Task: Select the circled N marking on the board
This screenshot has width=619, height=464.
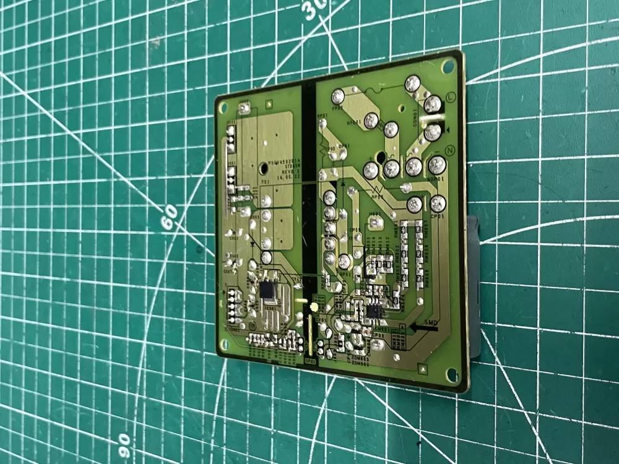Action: coord(451,150)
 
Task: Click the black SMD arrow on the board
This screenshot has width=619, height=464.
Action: coord(422,329)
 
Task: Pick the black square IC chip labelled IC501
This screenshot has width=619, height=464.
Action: coord(268,290)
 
